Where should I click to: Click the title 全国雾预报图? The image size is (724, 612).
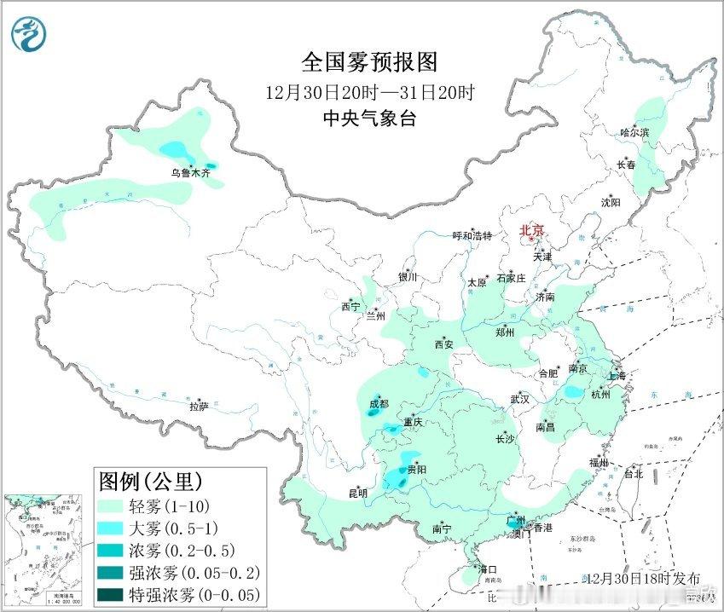pyautogui.click(x=369, y=62)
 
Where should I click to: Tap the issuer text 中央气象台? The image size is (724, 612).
pyautogui.click(x=369, y=118)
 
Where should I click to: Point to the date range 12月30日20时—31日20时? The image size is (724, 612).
pyautogui.click(x=369, y=91)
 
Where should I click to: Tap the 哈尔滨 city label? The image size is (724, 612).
pyautogui.click(x=634, y=133)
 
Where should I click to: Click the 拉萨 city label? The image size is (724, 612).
pyautogui.click(x=198, y=407)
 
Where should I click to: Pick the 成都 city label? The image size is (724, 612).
pyautogui.click(x=379, y=403)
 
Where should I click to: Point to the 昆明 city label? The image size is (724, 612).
pyautogui.click(x=357, y=493)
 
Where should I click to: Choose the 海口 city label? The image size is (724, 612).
pyautogui.click(x=486, y=569)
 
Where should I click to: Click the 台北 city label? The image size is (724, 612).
pyautogui.click(x=633, y=474)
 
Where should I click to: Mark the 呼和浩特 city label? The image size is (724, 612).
pyautogui.click(x=472, y=236)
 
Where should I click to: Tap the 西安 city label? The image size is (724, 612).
pyautogui.click(x=443, y=345)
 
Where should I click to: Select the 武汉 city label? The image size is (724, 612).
pyautogui.click(x=519, y=399)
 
